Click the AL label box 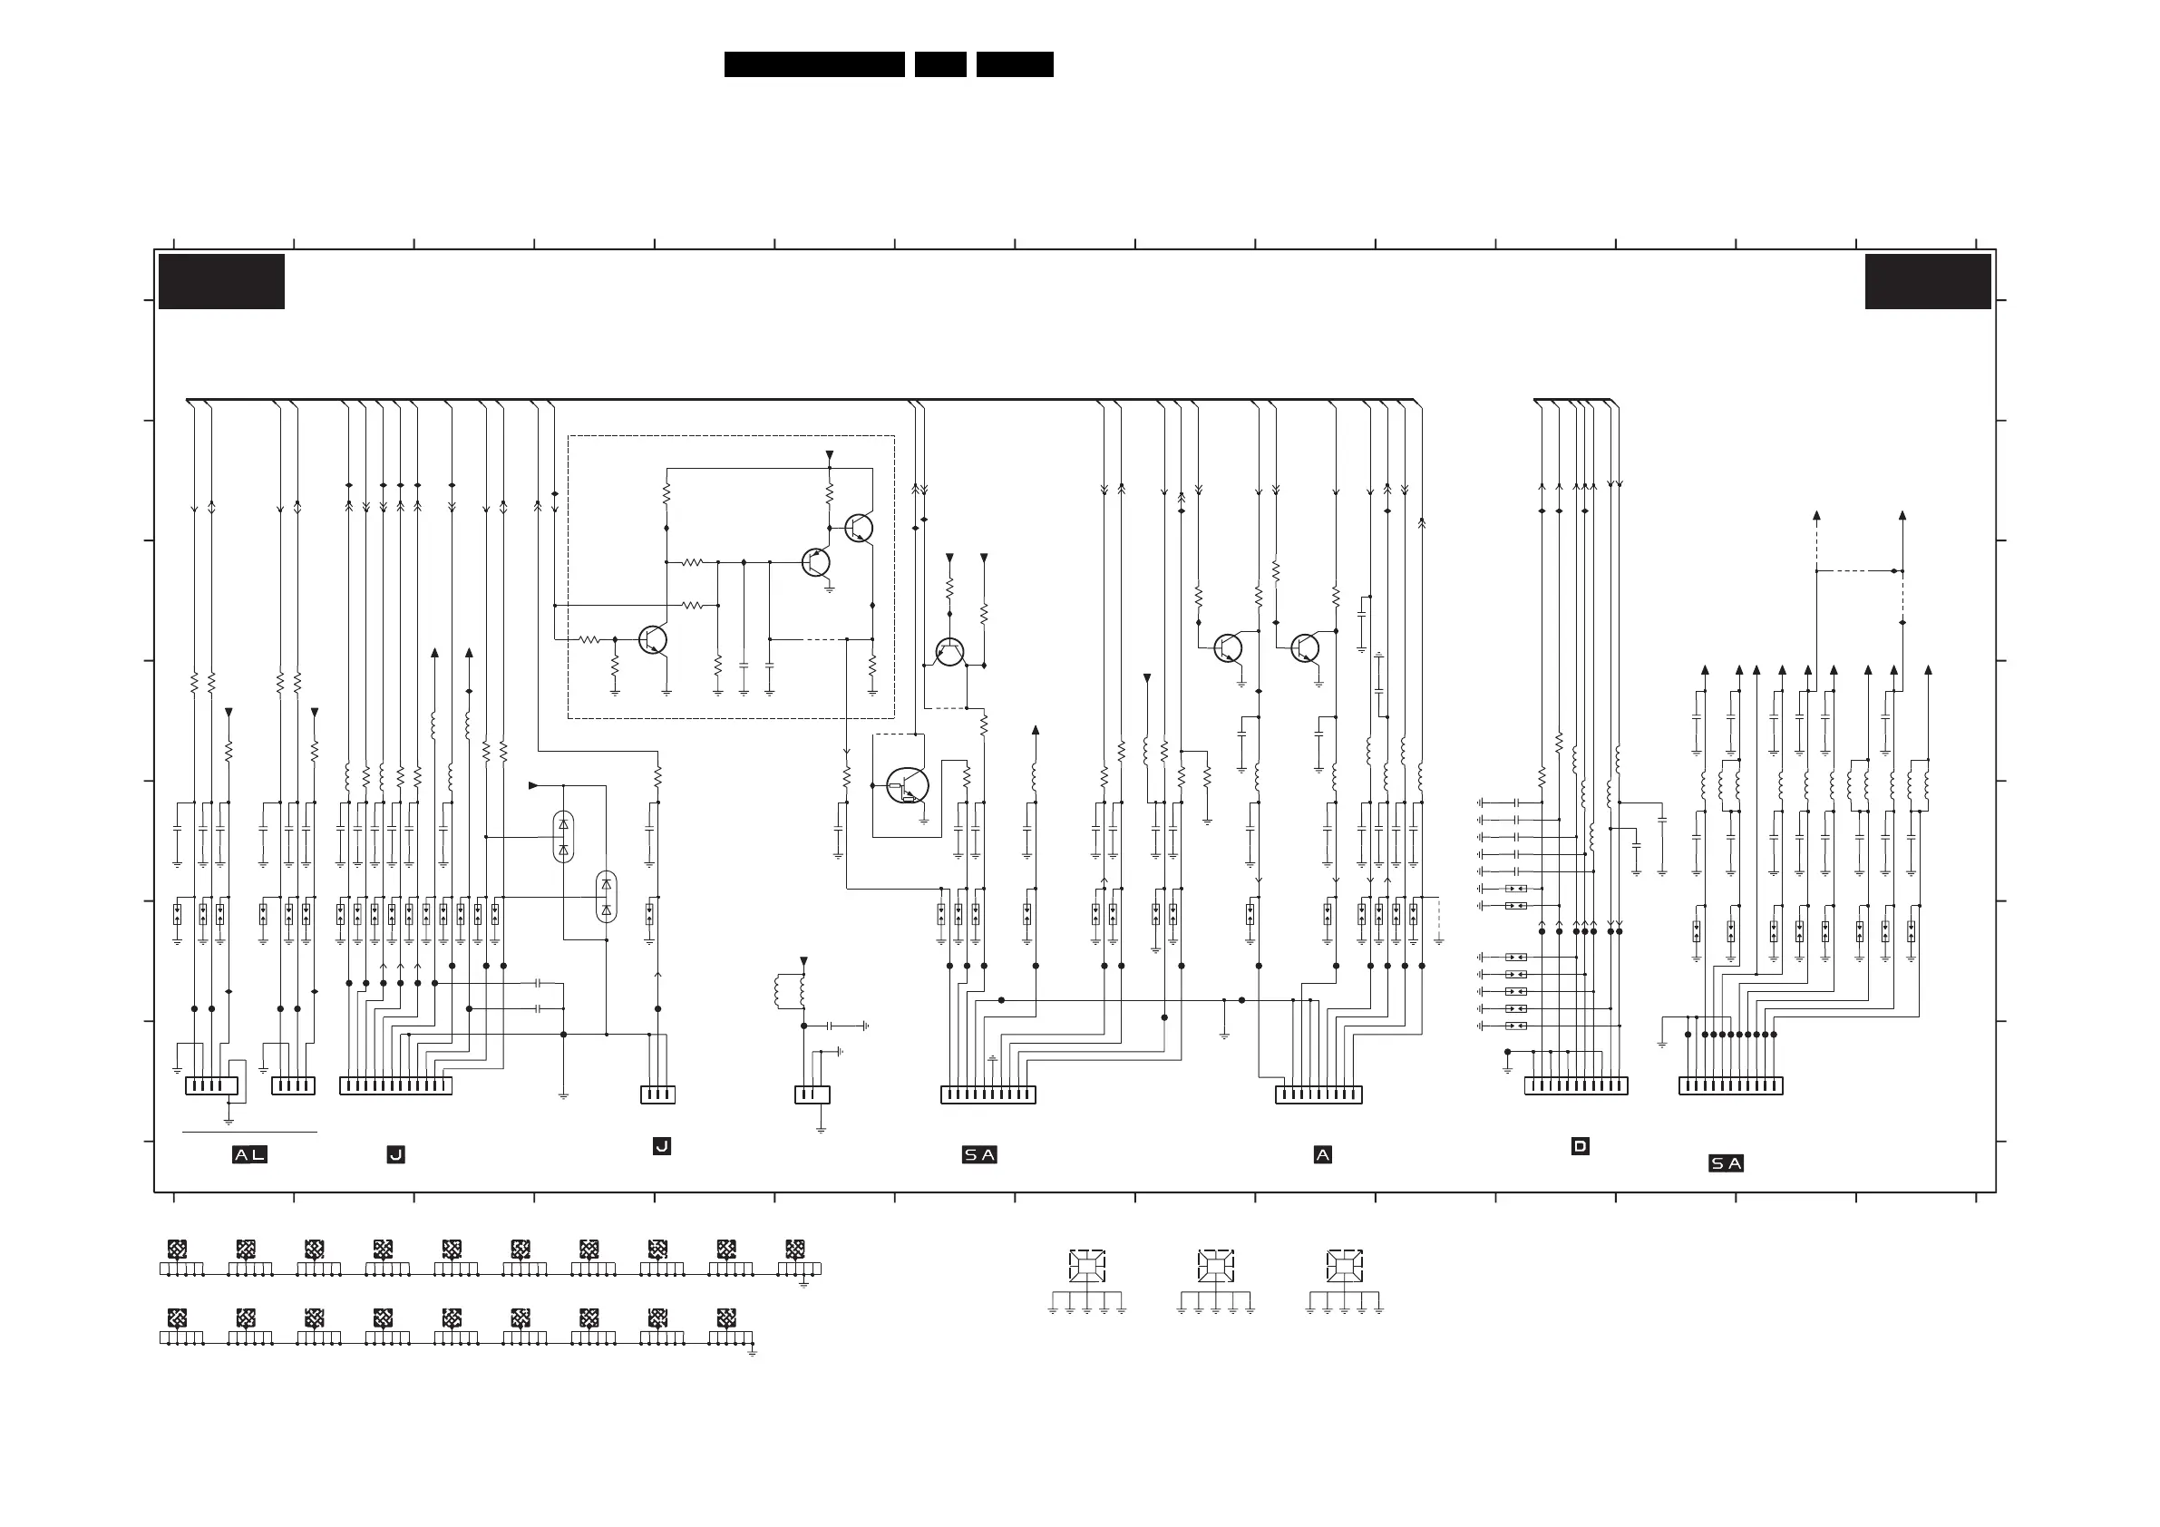click(x=249, y=1154)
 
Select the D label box click(x=1580, y=1146)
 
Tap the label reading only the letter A click(x=1322, y=1154)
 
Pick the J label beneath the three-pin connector click(x=661, y=1146)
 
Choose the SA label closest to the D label click(x=1726, y=1163)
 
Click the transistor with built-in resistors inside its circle click(x=907, y=785)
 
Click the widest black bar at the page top click(x=813, y=64)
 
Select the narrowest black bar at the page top click(x=939, y=64)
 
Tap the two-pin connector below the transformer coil click(x=812, y=1094)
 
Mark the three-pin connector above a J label click(x=657, y=1094)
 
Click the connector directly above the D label click(x=1576, y=1085)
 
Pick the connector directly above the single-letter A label click(x=1318, y=1094)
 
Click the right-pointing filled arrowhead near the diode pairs click(x=533, y=785)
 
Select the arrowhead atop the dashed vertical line click(x=1816, y=516)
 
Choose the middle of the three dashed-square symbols click(x=1215, y=1266)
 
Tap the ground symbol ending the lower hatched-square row click(x=752, y=1353)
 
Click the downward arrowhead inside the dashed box click(x=829, y=455)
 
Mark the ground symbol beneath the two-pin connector click(x=821, y=1129)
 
